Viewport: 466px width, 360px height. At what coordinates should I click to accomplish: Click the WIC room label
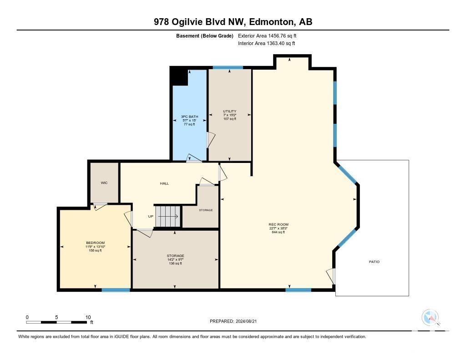(x=104, y=183)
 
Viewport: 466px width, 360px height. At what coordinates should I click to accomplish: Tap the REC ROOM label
(x=279, y=224)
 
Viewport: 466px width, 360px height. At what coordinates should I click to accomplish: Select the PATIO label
(x=374, y=262)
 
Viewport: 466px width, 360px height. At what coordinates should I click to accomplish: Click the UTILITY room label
(x=230, y=111)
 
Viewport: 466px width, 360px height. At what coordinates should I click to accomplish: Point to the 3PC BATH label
(x=190, y=117)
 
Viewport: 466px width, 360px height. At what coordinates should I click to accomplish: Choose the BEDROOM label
(x=96, y=243)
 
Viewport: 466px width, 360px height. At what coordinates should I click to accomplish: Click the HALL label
(x=164, y=183)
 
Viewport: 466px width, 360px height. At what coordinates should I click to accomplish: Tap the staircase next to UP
(x=168, y=216)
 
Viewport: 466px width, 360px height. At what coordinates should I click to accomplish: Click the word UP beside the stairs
(x=151, y=217)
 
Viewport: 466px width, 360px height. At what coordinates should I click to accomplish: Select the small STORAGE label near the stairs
(x=206, y=210)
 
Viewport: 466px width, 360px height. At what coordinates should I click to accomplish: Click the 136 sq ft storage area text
(x=175, y=264)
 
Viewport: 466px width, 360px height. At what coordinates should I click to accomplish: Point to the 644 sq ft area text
(x=279, y=232)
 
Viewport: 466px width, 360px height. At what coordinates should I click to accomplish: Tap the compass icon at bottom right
(x=430, y=317)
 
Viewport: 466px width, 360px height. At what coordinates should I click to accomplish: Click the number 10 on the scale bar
(x=88, y=317)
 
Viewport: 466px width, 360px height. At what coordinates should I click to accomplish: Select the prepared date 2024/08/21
(x=246, y=321)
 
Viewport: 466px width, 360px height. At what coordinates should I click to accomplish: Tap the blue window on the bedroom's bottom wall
(x=116, y=290)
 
